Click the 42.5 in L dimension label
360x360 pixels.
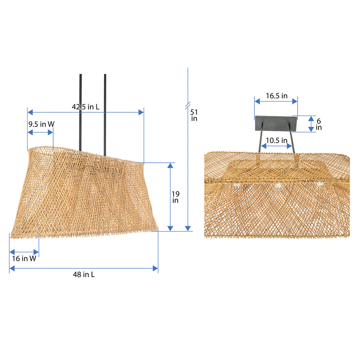pyautogui.click(x=86, y=107)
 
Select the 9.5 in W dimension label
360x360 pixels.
pyautogui.click(x=41, y=124)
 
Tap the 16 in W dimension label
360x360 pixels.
pyautogui.click(x=24, y=259)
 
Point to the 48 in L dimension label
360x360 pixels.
pyautogui.click(x=84, y=274)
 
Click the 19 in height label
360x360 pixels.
pyautogui.click(x=176, y=197)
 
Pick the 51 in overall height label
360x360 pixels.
pyautogui.click(x=194, y=115)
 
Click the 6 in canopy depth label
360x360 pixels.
pyautogui.click(x=318, y=124)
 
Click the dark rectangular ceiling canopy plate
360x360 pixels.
pyautogui.click(x=276, y=123)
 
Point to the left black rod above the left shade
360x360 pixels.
pyautogui.click(x=80, y=112)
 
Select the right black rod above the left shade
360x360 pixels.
pyautogui.click(x=105, y=112)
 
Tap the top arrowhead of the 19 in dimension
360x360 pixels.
pyautogui.click(x=171, y=166)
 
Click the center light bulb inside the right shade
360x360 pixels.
pyautogui.click(x=277, y=186)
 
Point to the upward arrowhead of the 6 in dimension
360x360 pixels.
pyautogui.click(x=311, y=118)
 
